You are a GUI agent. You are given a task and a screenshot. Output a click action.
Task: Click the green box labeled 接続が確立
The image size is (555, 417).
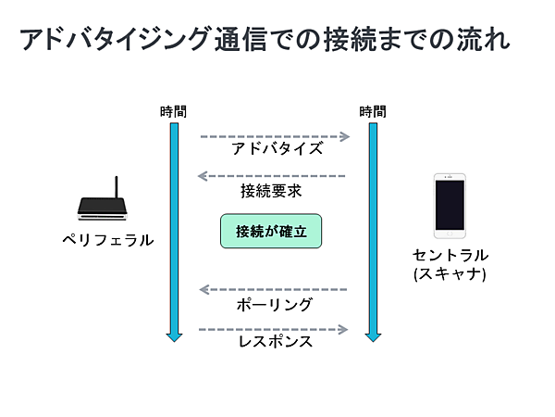coord(270,231)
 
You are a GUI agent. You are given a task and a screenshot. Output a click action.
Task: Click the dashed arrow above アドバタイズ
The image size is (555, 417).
coord(275,136)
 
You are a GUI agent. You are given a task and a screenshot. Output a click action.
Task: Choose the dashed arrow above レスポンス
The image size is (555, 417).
coord(275,329)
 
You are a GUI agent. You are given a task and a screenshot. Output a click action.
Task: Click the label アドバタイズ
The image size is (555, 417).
coord(277,149)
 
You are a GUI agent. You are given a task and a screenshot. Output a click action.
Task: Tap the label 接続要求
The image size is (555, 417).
coord(270,191)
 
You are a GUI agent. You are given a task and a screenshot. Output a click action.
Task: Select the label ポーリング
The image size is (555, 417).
coord(275,305)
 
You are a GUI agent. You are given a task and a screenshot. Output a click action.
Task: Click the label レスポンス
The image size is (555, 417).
coord(275,343)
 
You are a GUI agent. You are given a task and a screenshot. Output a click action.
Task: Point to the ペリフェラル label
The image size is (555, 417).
coord(107,241)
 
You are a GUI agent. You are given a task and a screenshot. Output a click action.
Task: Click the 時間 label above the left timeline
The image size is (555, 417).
coord(172,112)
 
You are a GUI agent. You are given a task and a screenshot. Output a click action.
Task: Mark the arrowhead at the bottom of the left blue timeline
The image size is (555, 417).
coord(172,335)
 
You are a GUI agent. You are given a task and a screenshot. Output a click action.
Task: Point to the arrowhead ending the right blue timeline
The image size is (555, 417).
coord(373,335)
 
